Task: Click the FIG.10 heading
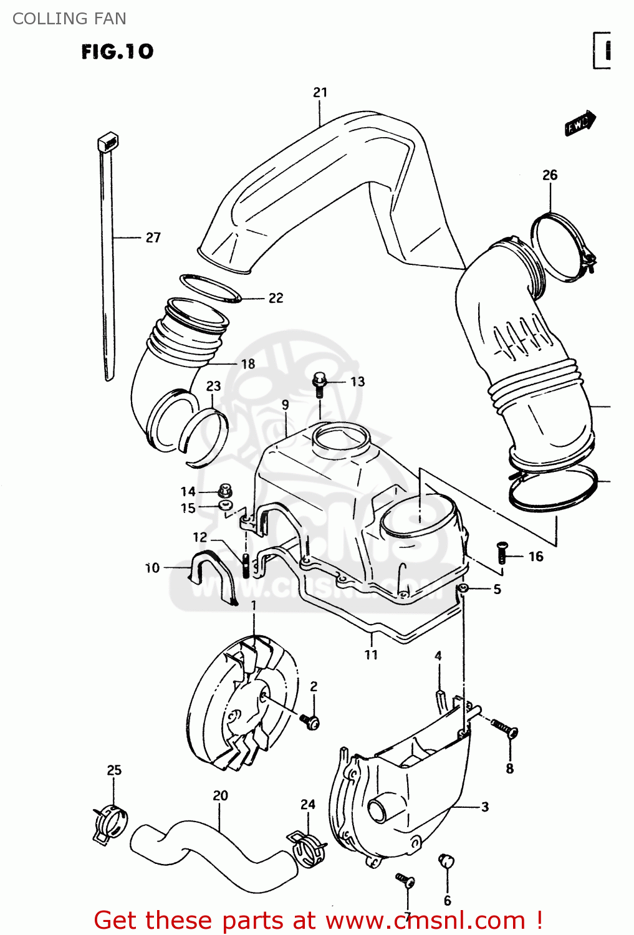pos(117,51)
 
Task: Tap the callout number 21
pos(320,92)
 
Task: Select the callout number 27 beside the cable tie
pos(153,237)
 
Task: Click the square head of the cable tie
pos(107,143)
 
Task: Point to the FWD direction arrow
pos(580,123)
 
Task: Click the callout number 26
pos(549,175)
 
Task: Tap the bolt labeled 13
pos(319,383)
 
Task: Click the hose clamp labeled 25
pos(111,823)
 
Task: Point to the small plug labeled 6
pos(446,861)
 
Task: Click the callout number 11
pos(371,654)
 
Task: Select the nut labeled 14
pos(225,491)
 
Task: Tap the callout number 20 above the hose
pos(220,796)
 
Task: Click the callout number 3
pos(485,807)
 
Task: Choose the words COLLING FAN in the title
pos(69,19)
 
